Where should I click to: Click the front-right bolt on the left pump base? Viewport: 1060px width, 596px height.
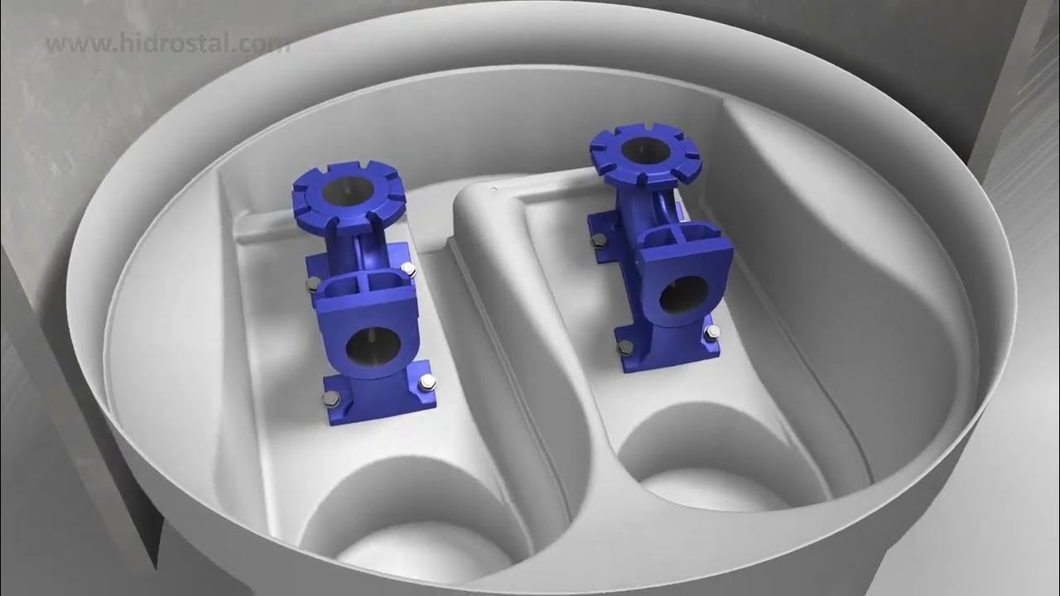coord(426,382)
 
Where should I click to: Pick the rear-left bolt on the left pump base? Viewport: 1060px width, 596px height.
coord(312,285)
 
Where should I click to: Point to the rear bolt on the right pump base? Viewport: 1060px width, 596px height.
coord(597,241)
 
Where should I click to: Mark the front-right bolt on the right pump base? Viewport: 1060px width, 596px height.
coord(710,334)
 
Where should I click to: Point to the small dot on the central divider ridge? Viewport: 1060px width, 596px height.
coord(494,191)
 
